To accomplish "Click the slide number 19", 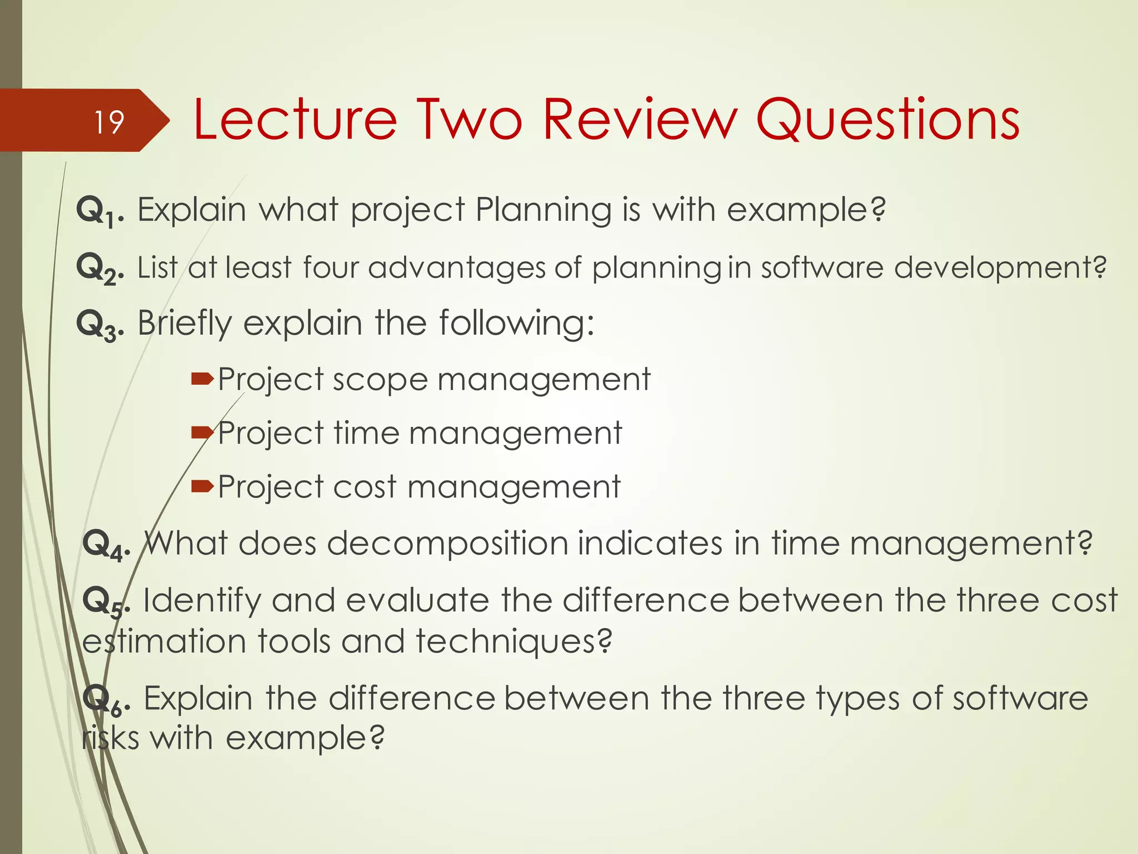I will point(109,122).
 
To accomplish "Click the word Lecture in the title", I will point(295,120).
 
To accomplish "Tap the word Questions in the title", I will point(887,120).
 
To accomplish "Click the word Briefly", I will point(184,324).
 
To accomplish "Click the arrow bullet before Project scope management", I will point(202,379).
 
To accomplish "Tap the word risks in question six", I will point(110,739).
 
